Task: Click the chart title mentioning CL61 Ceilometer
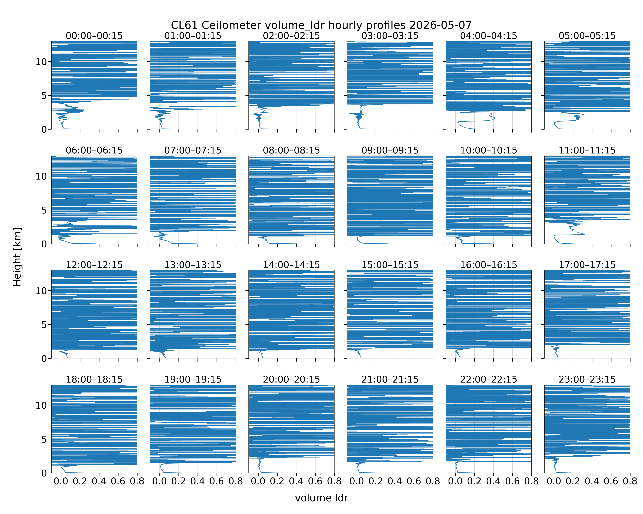[x=321, y=25]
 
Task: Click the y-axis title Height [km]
[x=17, y=257]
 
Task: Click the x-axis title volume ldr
[x=321, y=498]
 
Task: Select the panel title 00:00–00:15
[x=94, y=36]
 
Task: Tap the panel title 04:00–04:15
[x=489, y=36]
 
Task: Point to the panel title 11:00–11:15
[x=587, y=150]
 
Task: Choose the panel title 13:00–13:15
[x=193, y=265]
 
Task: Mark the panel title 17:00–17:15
[x=587, y=265]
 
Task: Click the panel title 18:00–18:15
[x=94, y=379]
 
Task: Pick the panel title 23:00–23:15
[x=587, y=379]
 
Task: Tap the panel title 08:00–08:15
[x=291, y=150]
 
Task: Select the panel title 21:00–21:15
[x=390, y=379]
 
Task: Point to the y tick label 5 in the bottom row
[x=44, y=439]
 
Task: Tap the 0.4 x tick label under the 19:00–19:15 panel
[x=198, y=481]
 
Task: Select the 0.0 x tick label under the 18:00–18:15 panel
[x=61, y=481]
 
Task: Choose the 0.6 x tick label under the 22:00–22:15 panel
[x=512, y=481]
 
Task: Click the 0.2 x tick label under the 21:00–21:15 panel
[x=376, y=481]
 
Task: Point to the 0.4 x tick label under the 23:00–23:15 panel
[x=592, y=481]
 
